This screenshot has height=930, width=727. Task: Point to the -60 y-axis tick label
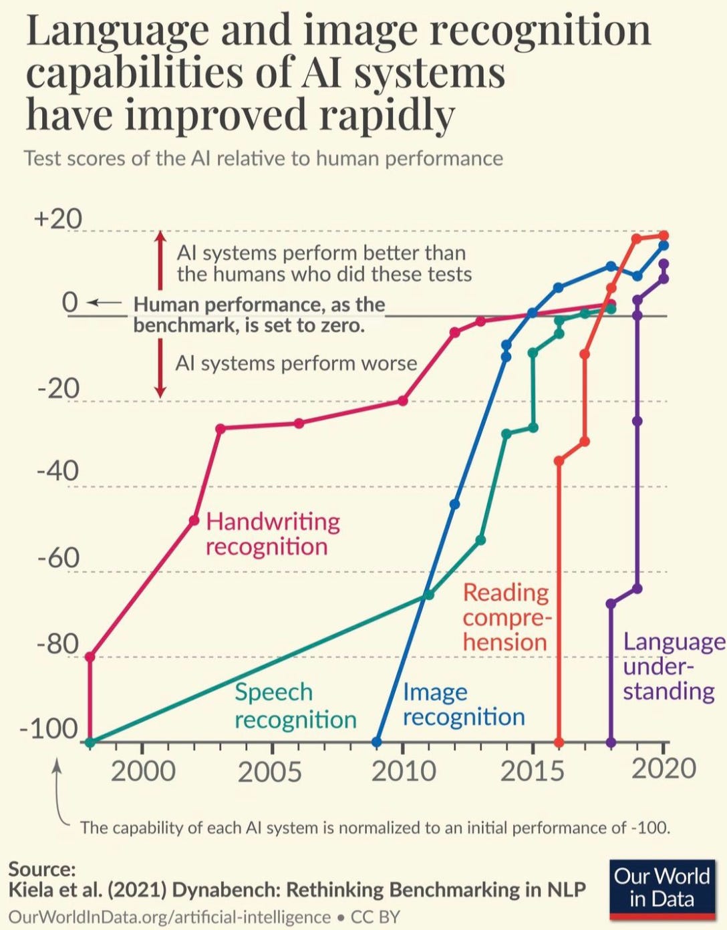tap(57, 559)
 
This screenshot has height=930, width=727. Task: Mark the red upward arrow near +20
tap(160, 260)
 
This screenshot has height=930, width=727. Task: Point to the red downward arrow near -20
tap(160, 368)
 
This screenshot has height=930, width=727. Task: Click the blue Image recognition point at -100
tap(377, 742)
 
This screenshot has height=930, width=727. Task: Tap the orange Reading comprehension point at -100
tap(559, 742)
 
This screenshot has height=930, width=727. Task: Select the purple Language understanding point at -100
tap(611, 742)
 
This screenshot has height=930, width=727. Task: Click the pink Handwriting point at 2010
tap(403, 401)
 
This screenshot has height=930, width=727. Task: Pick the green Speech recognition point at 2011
tap(429, 595)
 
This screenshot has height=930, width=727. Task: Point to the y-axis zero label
tap(69, 303)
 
